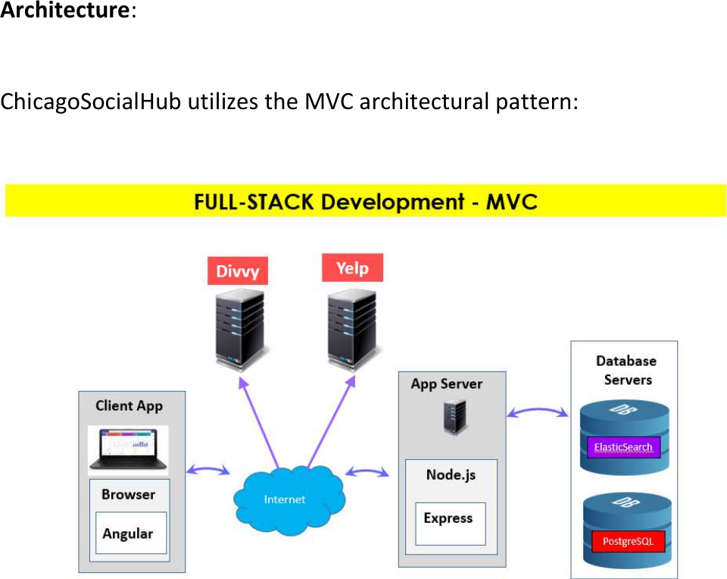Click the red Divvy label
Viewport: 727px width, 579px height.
click(238, 271)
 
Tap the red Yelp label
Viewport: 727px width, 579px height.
click(352, 268)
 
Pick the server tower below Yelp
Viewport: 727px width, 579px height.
click(352, 325)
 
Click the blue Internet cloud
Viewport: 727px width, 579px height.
click(286, 496)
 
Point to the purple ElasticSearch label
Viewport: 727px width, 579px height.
click(622, 446)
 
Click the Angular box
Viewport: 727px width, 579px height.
click(127, 534)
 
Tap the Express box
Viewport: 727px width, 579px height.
click(449, 519)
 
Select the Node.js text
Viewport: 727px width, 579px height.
click(450, 475)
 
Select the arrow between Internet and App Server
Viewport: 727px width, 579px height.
click(367, 472)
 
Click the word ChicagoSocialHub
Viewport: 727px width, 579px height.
click(91, 102)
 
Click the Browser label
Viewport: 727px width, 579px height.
click(128, 495)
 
